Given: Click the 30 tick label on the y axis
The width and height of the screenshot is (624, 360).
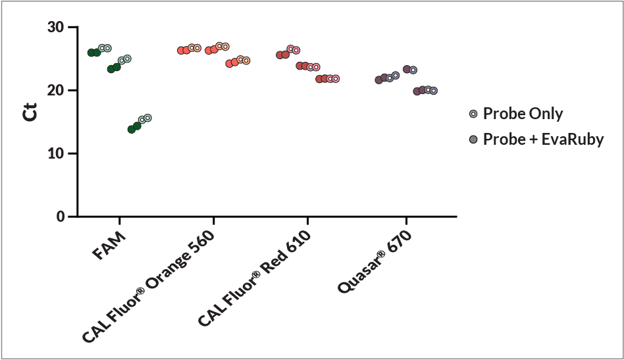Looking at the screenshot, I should tap(56, 28).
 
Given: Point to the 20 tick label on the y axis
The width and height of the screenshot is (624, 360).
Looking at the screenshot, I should tap(56, 90).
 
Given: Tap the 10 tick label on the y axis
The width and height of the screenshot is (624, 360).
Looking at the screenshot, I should tap(56, 153).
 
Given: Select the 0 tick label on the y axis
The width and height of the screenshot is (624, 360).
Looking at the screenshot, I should tap(60, 217).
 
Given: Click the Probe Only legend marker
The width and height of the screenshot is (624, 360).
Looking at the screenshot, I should tap(473, 114).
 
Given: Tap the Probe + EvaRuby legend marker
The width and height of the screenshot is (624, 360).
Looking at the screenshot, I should tap(473, 140).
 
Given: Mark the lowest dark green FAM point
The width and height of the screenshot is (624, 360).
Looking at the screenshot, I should tap(132, 129).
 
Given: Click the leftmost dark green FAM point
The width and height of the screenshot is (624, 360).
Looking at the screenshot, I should tap(91, 53).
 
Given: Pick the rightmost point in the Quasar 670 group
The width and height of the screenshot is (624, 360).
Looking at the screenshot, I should tap(434, 91).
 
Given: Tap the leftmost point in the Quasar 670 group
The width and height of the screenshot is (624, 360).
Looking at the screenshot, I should tap(378, 80).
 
